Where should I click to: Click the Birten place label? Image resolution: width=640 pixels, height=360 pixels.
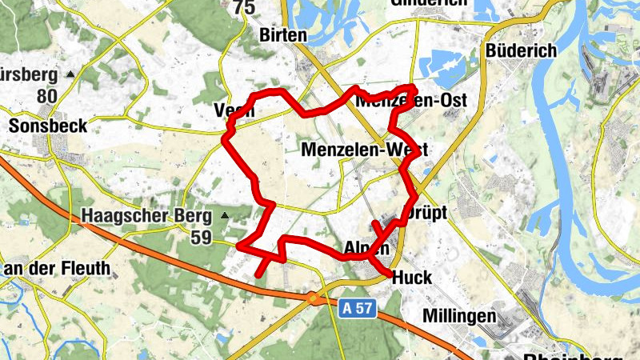[283, 35]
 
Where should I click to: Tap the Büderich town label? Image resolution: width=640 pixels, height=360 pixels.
[521, 50]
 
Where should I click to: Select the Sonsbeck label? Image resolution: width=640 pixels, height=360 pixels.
[48, 126]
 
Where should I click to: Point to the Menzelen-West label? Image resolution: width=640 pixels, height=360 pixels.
[364, 150]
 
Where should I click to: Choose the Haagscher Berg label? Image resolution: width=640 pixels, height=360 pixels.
[146, 216]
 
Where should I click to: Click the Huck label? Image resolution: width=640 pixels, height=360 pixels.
[413, 278]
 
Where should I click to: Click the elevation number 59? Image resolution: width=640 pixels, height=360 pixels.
[201, 237]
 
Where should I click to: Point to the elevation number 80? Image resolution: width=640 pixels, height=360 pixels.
[48, 97]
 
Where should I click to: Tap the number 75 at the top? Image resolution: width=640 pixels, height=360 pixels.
[244, 8]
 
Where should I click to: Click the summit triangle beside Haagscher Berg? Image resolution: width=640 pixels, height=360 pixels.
[226, 215]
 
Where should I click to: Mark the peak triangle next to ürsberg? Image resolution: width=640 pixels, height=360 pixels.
[70, 74]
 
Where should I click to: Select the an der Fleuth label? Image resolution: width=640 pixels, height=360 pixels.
[57, 268]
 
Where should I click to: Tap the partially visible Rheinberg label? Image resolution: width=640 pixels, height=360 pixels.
[569, 354]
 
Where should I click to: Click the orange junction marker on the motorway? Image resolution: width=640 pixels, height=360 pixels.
[314, 298]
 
